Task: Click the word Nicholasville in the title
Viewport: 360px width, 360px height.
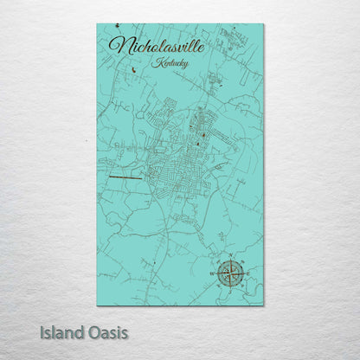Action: (157, 46)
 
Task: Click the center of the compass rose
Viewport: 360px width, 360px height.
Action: (230, 273)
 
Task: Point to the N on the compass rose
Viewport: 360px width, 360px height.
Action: (230, 258)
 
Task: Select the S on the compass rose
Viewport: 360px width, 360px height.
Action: (230, 289)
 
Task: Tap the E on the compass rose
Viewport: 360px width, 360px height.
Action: (246, 273)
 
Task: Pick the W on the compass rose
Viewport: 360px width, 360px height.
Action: (215, 273)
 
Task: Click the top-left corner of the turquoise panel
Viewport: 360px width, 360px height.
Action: (97, 24)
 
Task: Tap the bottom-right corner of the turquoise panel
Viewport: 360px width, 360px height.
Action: (263, 305)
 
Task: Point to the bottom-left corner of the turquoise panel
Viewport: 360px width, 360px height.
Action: (97, 305)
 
